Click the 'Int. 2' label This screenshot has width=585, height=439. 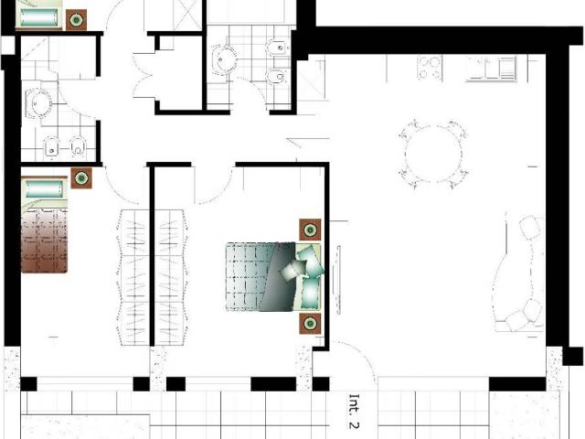tap(354, 411)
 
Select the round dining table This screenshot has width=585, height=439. tap(433, 154)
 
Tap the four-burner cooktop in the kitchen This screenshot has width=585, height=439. tap(430, 68)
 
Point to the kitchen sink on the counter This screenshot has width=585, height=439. tap(492, 69)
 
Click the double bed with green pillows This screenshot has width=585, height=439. tap(273, 276)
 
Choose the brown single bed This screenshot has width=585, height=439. tap(45, 226)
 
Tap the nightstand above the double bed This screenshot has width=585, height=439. tap(310, 230)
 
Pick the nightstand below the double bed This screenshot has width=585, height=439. tap(310, 323)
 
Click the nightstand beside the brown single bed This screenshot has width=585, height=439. tap(81, 178)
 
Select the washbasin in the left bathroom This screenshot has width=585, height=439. tap(38, 103)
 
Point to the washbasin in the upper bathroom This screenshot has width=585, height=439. tap(224, 59)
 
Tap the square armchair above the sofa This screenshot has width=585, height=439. tap(530, 227)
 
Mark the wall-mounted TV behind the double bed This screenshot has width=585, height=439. tap(338, 280)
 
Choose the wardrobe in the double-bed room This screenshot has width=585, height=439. tap(170, 277)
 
